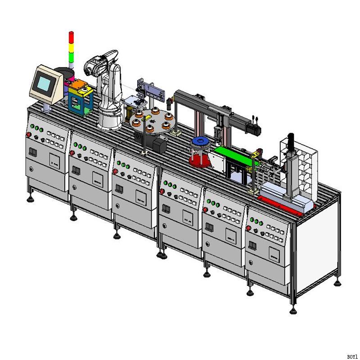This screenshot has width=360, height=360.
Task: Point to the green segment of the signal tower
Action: tap(71, 58)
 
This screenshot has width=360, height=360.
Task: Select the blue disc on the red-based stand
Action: tap(201, 143)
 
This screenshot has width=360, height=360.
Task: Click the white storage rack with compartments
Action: tap(304, 162)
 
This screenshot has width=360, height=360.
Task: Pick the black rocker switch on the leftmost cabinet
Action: tap(32, 152)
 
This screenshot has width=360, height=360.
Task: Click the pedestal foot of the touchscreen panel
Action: tap(45, 108)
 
